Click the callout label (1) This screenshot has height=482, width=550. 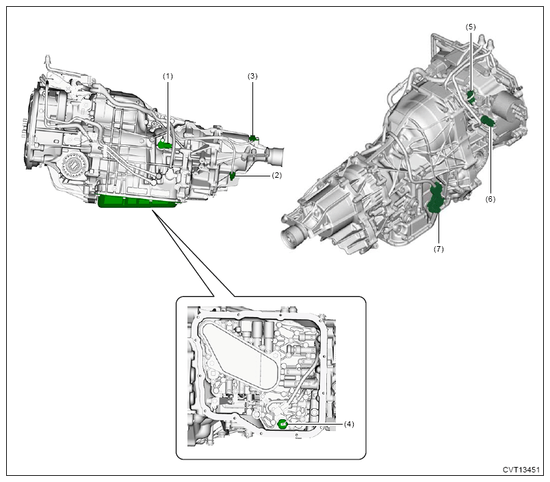pos(168,76)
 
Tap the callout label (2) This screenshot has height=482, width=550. pos(277,175)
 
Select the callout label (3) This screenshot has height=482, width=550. pos(252,76)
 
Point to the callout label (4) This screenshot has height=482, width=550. pos(349,424)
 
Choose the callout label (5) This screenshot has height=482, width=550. pos(471,27)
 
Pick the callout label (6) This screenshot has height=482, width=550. pos(490,199)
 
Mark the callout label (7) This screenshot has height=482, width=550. pos(438,249)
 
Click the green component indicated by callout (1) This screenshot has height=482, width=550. pos(164,144)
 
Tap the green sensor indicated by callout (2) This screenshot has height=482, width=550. pos(232,176)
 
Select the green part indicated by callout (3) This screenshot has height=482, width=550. pos(253,138)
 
